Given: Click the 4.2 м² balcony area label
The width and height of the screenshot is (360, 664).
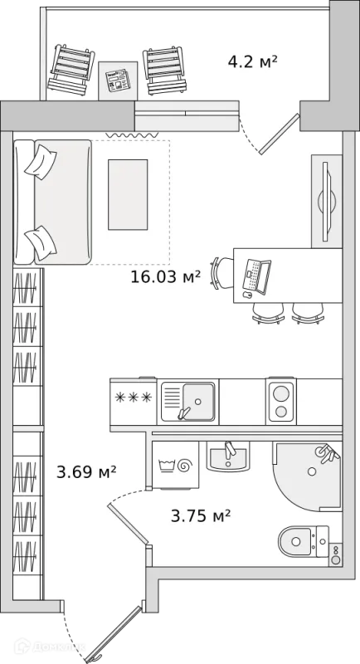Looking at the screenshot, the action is tap(252, 62).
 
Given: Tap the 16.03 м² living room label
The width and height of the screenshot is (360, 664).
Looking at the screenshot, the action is tap(165, 277).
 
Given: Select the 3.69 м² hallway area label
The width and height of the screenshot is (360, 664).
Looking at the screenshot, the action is tap(86, 471).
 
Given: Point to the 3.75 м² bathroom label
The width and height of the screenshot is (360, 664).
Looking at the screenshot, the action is tap(201, 515).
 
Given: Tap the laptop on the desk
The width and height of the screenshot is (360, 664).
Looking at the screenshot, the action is tap(256, 276).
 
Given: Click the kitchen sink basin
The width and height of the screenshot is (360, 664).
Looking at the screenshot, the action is tap(198, 402).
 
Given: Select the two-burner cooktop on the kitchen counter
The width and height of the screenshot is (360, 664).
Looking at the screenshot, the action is tap(281, 402).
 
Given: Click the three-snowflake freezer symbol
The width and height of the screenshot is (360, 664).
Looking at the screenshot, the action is tap(134, 398).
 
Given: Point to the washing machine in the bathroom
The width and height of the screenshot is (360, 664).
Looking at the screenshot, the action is tap(175, 465).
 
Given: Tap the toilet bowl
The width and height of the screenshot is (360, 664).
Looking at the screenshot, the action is tap(296, 541).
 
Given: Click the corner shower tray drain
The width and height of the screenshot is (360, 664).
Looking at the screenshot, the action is tap(312, 471).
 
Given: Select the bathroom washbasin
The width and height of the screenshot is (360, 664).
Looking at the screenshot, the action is tap(227, 456).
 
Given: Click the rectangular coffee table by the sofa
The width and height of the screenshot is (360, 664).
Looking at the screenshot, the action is tap(128, 194).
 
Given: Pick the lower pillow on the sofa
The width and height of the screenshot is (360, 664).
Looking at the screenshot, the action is tap(41, 243).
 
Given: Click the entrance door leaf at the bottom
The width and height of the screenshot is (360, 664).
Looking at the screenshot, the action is tap(114, 633).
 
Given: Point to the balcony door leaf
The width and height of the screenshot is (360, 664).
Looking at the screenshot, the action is tap(280, 134).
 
